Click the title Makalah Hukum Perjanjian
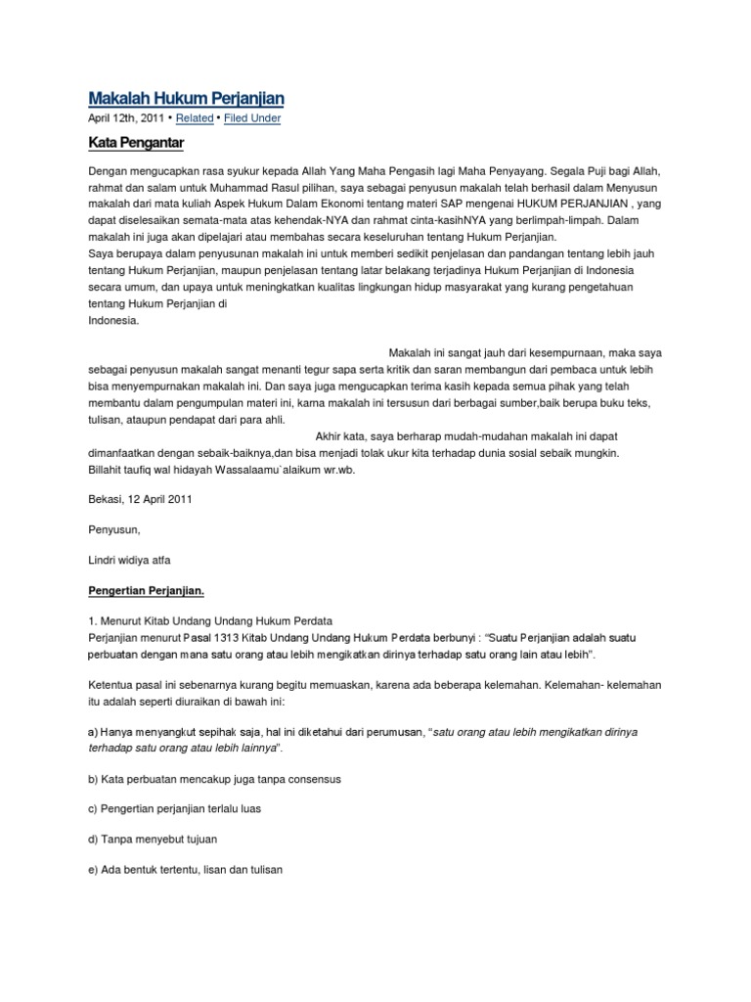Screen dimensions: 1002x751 tap(187, 98)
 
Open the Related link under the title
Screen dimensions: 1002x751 tap(195, 118)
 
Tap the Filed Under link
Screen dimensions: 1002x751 tap(252, 118)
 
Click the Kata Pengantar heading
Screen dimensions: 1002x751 tap(137, 144)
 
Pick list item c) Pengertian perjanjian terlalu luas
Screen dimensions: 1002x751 tap(188, 809)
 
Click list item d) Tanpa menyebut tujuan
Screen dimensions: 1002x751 tap(153, 840)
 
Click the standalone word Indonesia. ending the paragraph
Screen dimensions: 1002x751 tap(113, 320)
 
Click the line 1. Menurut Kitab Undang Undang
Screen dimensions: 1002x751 tap(211, 621)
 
